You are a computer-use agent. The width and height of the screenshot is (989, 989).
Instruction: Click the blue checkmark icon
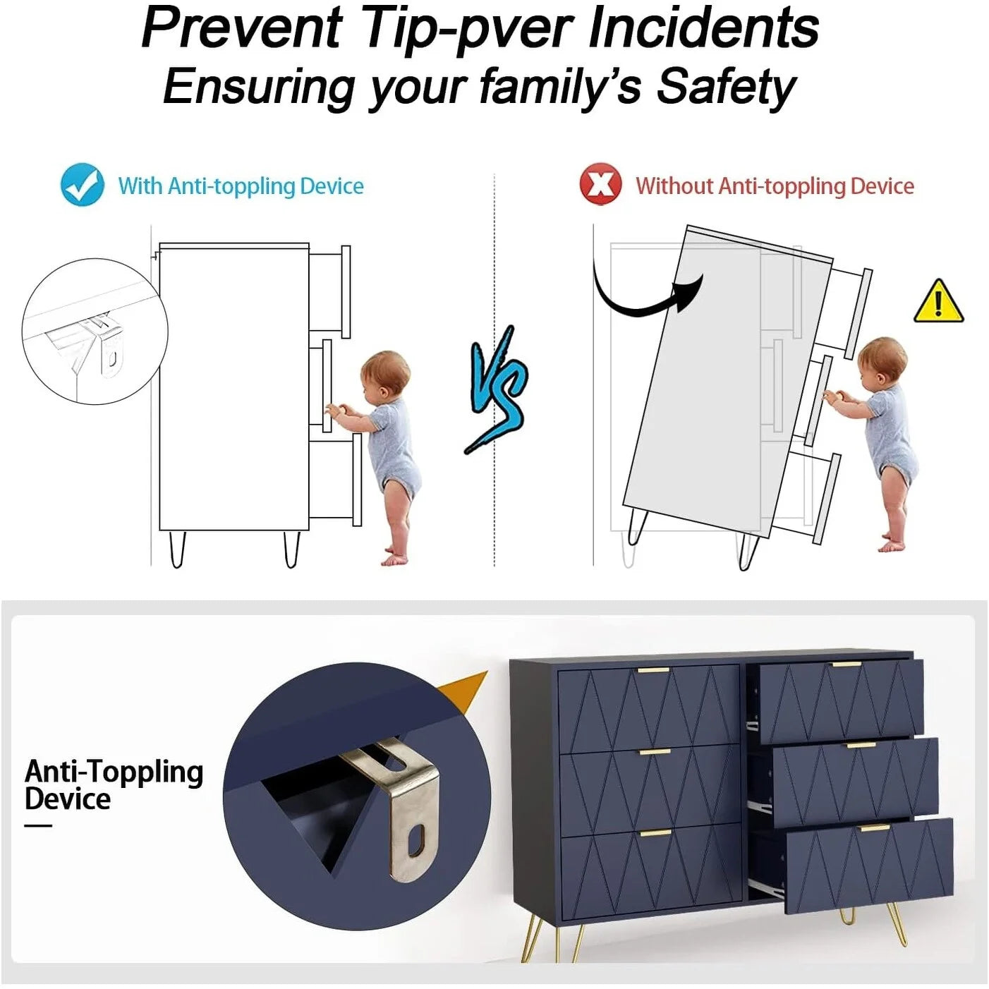pos(82,184)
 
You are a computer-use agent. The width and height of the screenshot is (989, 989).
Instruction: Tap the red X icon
pos(600,184)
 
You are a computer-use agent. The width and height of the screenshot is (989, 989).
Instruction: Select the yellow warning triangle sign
pos(939,301)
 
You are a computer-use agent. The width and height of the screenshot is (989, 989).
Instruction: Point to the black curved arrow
pos(641,298)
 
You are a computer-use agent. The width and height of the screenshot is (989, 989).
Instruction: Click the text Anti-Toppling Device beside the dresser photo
pos(114,784)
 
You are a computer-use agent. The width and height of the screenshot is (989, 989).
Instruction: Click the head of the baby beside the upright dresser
pos(385,374)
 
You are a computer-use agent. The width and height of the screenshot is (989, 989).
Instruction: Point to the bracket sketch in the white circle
pos(103,341)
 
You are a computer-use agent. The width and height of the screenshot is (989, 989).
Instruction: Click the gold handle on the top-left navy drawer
pos(653,670)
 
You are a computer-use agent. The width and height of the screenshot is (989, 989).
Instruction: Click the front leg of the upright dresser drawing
pos(291,549)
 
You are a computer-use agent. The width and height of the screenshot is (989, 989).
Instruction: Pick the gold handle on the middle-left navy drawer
pos(655,753)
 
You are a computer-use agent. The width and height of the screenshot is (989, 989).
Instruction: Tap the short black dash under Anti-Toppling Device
pos(38,826)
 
